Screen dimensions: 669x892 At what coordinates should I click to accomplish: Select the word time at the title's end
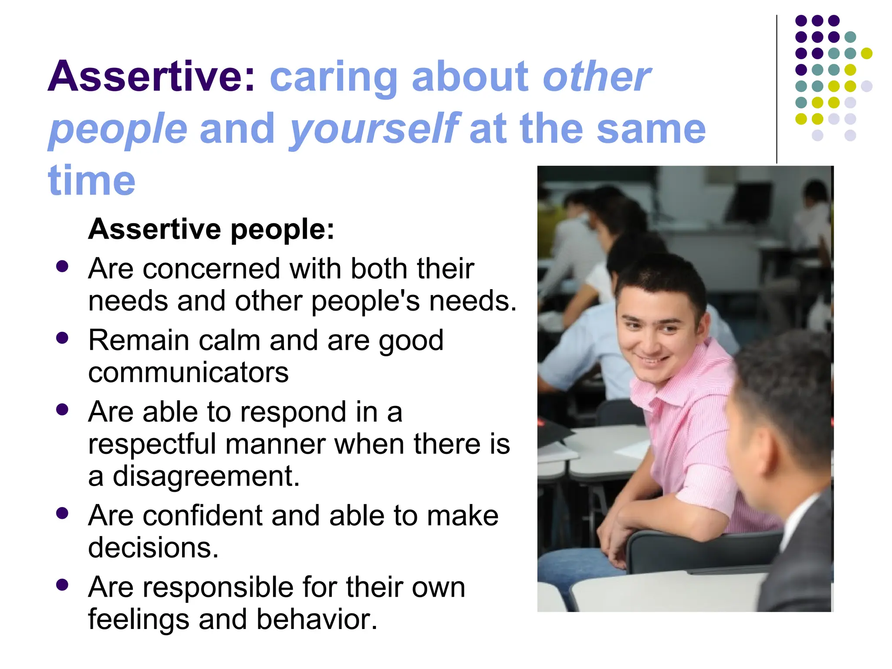91,181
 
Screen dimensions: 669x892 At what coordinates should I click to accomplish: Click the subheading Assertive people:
211,229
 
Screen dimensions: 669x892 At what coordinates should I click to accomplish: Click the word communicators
188,373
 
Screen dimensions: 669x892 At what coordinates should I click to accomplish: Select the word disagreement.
206,476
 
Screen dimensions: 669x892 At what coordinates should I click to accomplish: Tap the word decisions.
153,547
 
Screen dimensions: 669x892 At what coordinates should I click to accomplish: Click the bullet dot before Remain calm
62,338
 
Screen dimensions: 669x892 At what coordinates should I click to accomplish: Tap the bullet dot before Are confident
62,513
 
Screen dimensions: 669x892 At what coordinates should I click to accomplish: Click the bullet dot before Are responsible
62,585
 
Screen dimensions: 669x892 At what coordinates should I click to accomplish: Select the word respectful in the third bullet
152,444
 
